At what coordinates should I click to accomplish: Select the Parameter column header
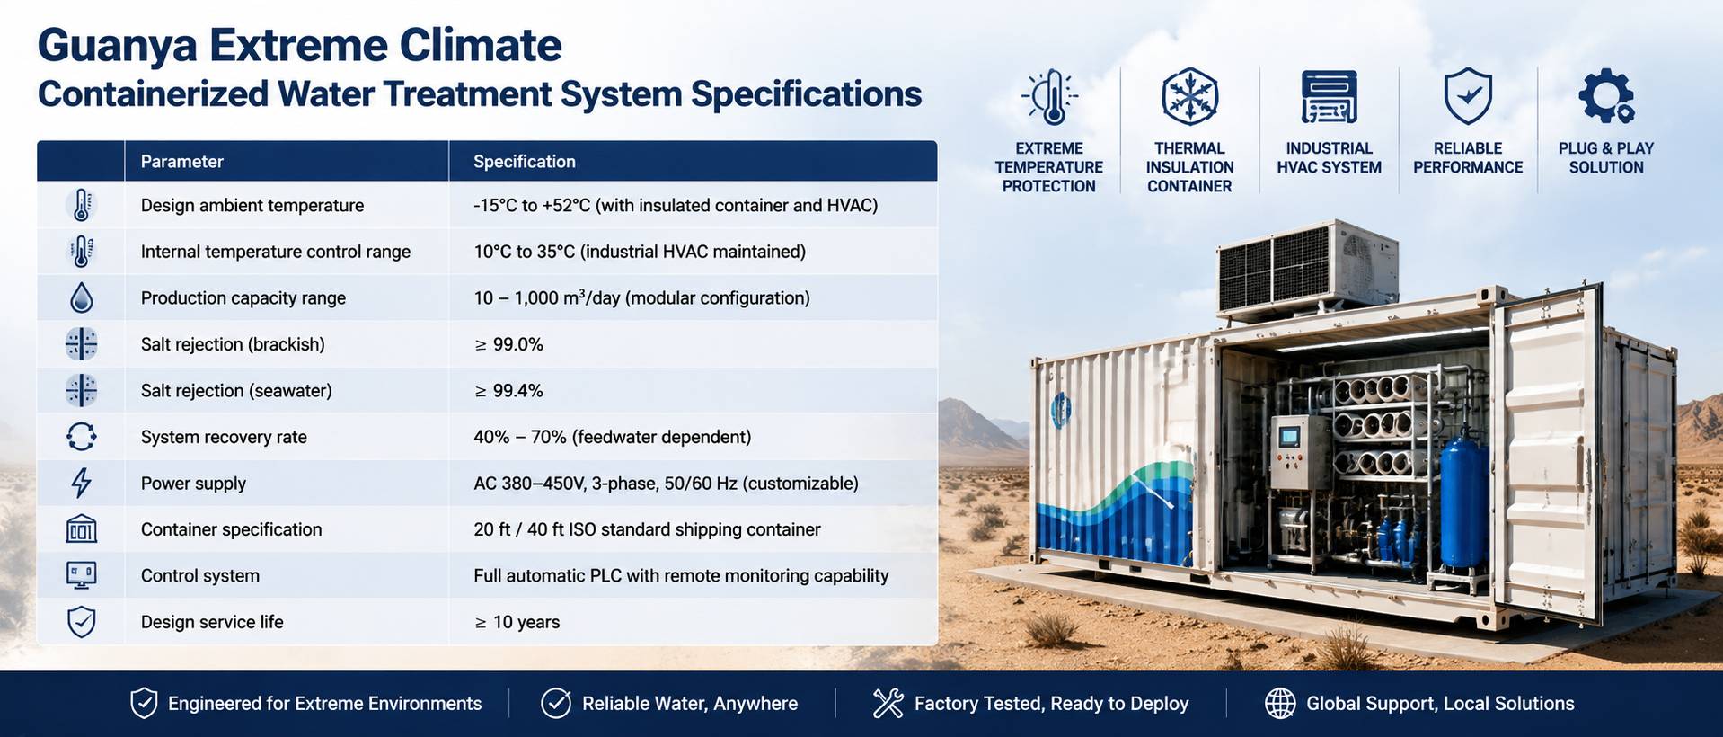click(x=181, y=162)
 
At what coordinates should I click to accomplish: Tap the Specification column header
click(x=525, y=162)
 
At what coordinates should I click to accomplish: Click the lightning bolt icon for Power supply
click(x=82, y=483)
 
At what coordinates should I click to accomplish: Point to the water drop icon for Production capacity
click(x=82, y=297)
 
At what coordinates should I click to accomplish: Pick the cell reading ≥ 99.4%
click(x=508, y=390)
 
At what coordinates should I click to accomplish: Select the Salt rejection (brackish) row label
click(x=233, y=344)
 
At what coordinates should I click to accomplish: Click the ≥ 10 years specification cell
click(x=517, y=622)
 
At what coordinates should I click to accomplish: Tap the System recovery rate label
click(x=224, y=437)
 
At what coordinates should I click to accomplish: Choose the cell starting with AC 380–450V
click(x=666, y=484)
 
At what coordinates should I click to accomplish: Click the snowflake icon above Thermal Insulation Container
click(x=1189, y=96)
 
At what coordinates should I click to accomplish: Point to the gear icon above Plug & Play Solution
click(x=1606, y=96)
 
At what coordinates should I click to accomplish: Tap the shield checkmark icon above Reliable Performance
click(x=1468, y=96)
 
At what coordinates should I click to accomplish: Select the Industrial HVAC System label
click(x=1329, y=158)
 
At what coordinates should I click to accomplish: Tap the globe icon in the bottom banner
click(x=1280, y=704)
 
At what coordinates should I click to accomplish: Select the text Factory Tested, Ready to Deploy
click(x=1051, y=704)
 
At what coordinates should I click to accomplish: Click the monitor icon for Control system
click(x=82, y=575)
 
